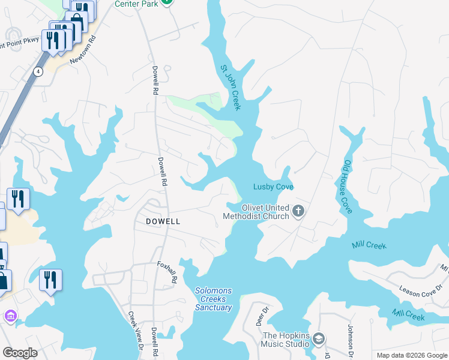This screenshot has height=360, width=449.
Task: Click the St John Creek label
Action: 231,88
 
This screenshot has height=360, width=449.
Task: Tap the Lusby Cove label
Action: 273,187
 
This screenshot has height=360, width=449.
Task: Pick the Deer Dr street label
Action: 261,316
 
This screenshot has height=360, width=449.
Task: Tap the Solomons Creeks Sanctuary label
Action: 213,299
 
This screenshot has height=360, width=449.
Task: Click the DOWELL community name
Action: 163,221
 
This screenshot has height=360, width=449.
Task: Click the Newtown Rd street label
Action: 83,52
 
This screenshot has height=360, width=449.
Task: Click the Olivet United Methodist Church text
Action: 256,212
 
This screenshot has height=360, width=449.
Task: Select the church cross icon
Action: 299,211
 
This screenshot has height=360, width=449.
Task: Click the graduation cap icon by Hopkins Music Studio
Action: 319,340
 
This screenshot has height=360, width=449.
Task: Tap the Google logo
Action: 20,353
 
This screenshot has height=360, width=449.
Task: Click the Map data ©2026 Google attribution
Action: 412,355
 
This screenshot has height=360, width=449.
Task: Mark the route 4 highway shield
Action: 38,71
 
